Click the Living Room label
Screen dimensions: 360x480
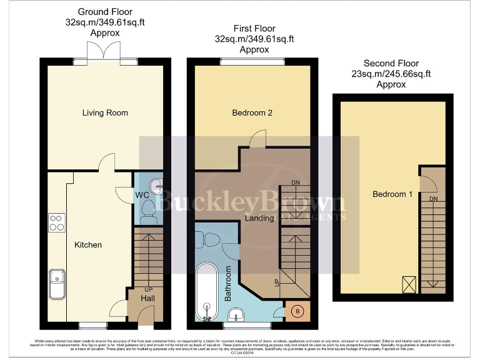105,112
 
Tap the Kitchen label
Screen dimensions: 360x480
88,244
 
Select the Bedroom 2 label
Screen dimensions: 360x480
252,112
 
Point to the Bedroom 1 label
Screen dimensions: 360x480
392,194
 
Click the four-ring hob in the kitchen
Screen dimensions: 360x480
56,222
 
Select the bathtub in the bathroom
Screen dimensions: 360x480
205,291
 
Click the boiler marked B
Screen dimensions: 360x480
296,311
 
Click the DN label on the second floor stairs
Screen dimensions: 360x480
432,198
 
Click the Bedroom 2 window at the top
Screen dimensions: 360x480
252,61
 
